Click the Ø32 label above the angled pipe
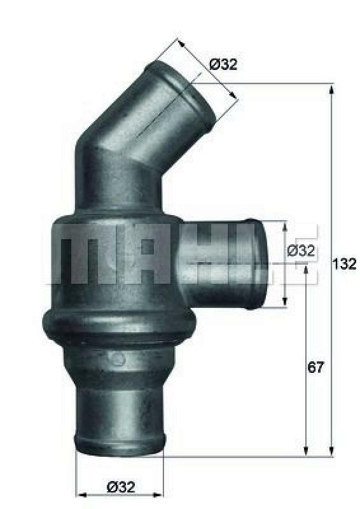click(x=223, y=64)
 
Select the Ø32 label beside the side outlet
click(x=301, y=251)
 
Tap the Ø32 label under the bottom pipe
click(x=121, y=470)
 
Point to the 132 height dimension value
click(x=344, y=264)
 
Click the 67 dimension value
click(x=316, y=367)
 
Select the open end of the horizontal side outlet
click(x=255, y=263)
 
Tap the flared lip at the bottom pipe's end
click(x=120, y=440)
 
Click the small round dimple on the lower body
click(x=117, y=359)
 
